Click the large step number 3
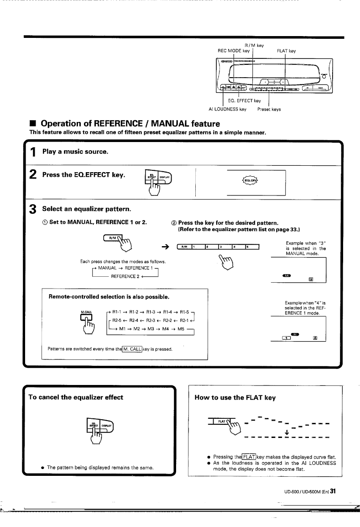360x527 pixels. coord(33,209)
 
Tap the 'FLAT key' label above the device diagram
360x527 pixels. coord(287,51)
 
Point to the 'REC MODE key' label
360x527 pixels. coord(235,51)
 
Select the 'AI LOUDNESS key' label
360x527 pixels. coord(227,109)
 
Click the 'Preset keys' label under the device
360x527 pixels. coord(269,109)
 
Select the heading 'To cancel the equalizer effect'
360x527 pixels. coord(76,397)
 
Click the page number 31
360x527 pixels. coord(333,491)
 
